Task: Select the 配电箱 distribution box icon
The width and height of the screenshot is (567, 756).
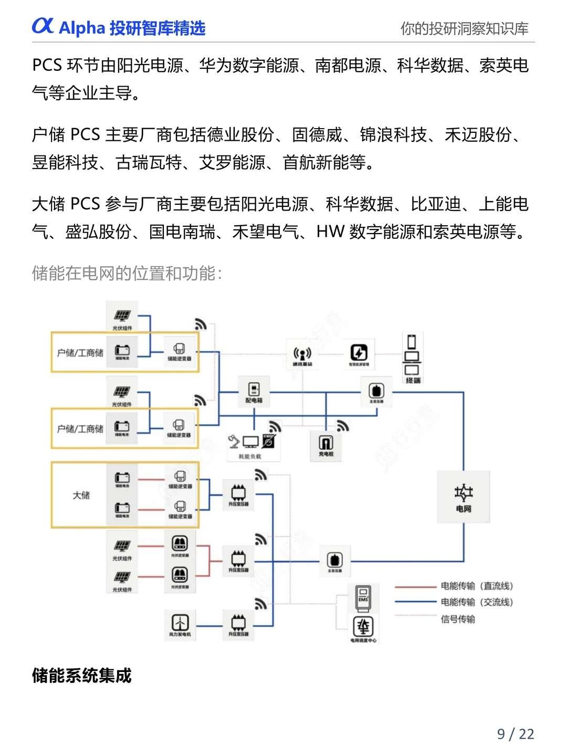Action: click(x=254, y=389)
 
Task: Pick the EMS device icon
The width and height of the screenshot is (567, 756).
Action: click(x=363, y=598)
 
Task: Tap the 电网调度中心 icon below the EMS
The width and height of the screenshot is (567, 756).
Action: click(x=363, y=627)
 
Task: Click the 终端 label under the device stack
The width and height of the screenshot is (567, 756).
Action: click(x=413, y=380)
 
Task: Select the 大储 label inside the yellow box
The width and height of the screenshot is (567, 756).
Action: click(x=81, y=495)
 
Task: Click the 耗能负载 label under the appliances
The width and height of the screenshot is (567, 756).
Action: click(x=250, y=456)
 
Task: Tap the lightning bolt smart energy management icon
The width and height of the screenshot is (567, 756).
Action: click(x=359, y=352)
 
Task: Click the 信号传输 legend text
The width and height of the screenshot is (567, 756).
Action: click(x=458, y=619)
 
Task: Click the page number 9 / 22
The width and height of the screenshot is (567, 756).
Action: click(x=515, y=733)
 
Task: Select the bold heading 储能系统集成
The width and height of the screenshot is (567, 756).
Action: click(x=81, y=675)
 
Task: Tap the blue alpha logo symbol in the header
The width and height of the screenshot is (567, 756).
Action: click(x=43, y=26)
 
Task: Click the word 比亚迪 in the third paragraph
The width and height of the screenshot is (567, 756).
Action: click(x=435, y=204)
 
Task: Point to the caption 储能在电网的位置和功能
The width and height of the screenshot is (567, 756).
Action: click(x=127, y=273)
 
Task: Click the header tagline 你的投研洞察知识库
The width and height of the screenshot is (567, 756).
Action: click(x=464, y=28)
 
